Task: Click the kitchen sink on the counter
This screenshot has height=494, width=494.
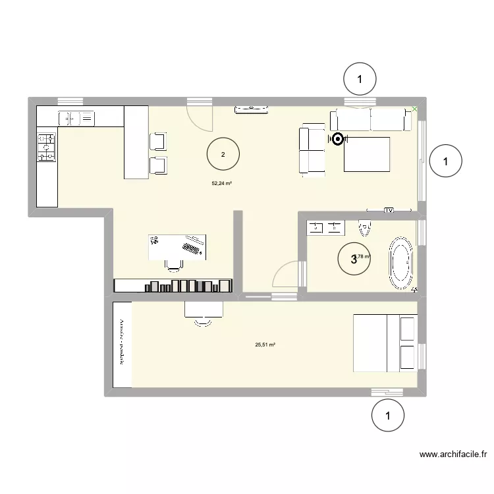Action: click(76, 118)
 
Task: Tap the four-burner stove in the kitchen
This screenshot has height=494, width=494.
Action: click(46, 147)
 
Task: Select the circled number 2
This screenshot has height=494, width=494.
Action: click(223, 155)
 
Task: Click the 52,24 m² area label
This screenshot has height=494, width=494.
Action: click(221, 184)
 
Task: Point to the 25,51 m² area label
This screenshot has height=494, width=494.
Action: click(265, 344)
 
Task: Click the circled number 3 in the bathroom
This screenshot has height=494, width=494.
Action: click(354, 260)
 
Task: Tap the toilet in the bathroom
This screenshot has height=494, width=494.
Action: click(364, 227)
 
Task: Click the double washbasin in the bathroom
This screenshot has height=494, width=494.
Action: click(325, 227)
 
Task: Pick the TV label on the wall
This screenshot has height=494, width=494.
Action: click(388, 211)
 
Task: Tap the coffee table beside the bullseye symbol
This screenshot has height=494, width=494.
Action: click(367, 153)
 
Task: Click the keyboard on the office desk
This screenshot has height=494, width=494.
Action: click(192, 248)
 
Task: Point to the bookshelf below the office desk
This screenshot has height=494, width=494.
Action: click(174, 285)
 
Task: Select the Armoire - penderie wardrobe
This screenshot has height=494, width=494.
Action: click(122, 344)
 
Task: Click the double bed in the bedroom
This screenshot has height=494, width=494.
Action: click(385, 343)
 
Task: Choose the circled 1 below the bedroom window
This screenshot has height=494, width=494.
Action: click(387, 416)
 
